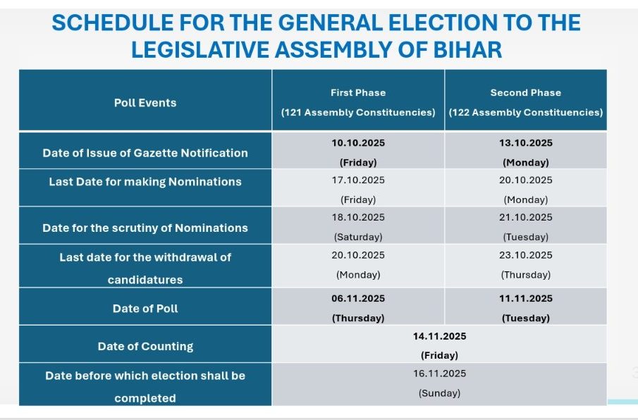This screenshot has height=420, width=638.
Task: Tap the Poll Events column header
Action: [145, 103]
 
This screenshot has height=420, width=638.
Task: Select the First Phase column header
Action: [358, 92]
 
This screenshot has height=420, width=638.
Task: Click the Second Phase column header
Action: [526, 92]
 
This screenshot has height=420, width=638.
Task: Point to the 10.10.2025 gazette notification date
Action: [358, 143]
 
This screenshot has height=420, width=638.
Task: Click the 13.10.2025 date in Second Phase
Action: [526, 143]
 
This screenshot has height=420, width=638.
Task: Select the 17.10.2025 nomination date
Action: [358, 180]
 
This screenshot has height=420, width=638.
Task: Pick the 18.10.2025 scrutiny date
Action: [358, 218]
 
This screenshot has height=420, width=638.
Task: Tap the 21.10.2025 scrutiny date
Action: [526, 218]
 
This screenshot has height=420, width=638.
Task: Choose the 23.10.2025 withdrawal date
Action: [526, 255]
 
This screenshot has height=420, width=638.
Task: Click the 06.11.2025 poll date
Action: [358, 299]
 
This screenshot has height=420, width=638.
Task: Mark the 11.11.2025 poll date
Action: [526, 299]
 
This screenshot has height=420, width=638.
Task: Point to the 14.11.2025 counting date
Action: [439, 336]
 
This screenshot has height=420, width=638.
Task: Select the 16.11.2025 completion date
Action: [439, 373]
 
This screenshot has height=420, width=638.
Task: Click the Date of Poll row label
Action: [145, 309]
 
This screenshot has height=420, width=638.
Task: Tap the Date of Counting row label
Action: [145, 346]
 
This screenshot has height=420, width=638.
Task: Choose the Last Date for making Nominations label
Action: [145, 182]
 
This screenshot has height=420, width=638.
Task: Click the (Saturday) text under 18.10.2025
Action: [358, 237]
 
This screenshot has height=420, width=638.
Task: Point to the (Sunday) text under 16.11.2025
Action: [439, 393]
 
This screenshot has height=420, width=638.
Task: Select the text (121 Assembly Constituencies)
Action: [358, 113]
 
